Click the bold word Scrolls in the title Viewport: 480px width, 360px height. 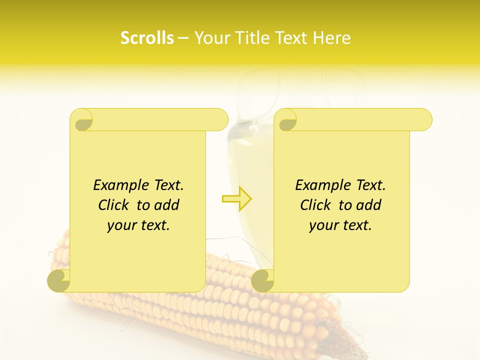(x=147, y=38)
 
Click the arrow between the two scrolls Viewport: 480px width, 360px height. (x=237, y=199)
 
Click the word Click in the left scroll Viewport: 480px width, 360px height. (x=115, y=205)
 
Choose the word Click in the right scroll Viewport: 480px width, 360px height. (x=317, y=205)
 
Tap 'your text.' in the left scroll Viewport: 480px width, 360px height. (x=138, y=225)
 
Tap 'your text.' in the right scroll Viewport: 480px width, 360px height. (x=340, y=225)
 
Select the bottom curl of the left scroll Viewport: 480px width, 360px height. (x=59, y=280)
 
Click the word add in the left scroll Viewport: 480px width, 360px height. (x=166, y=205)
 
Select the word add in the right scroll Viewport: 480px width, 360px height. (x=368, y=205)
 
